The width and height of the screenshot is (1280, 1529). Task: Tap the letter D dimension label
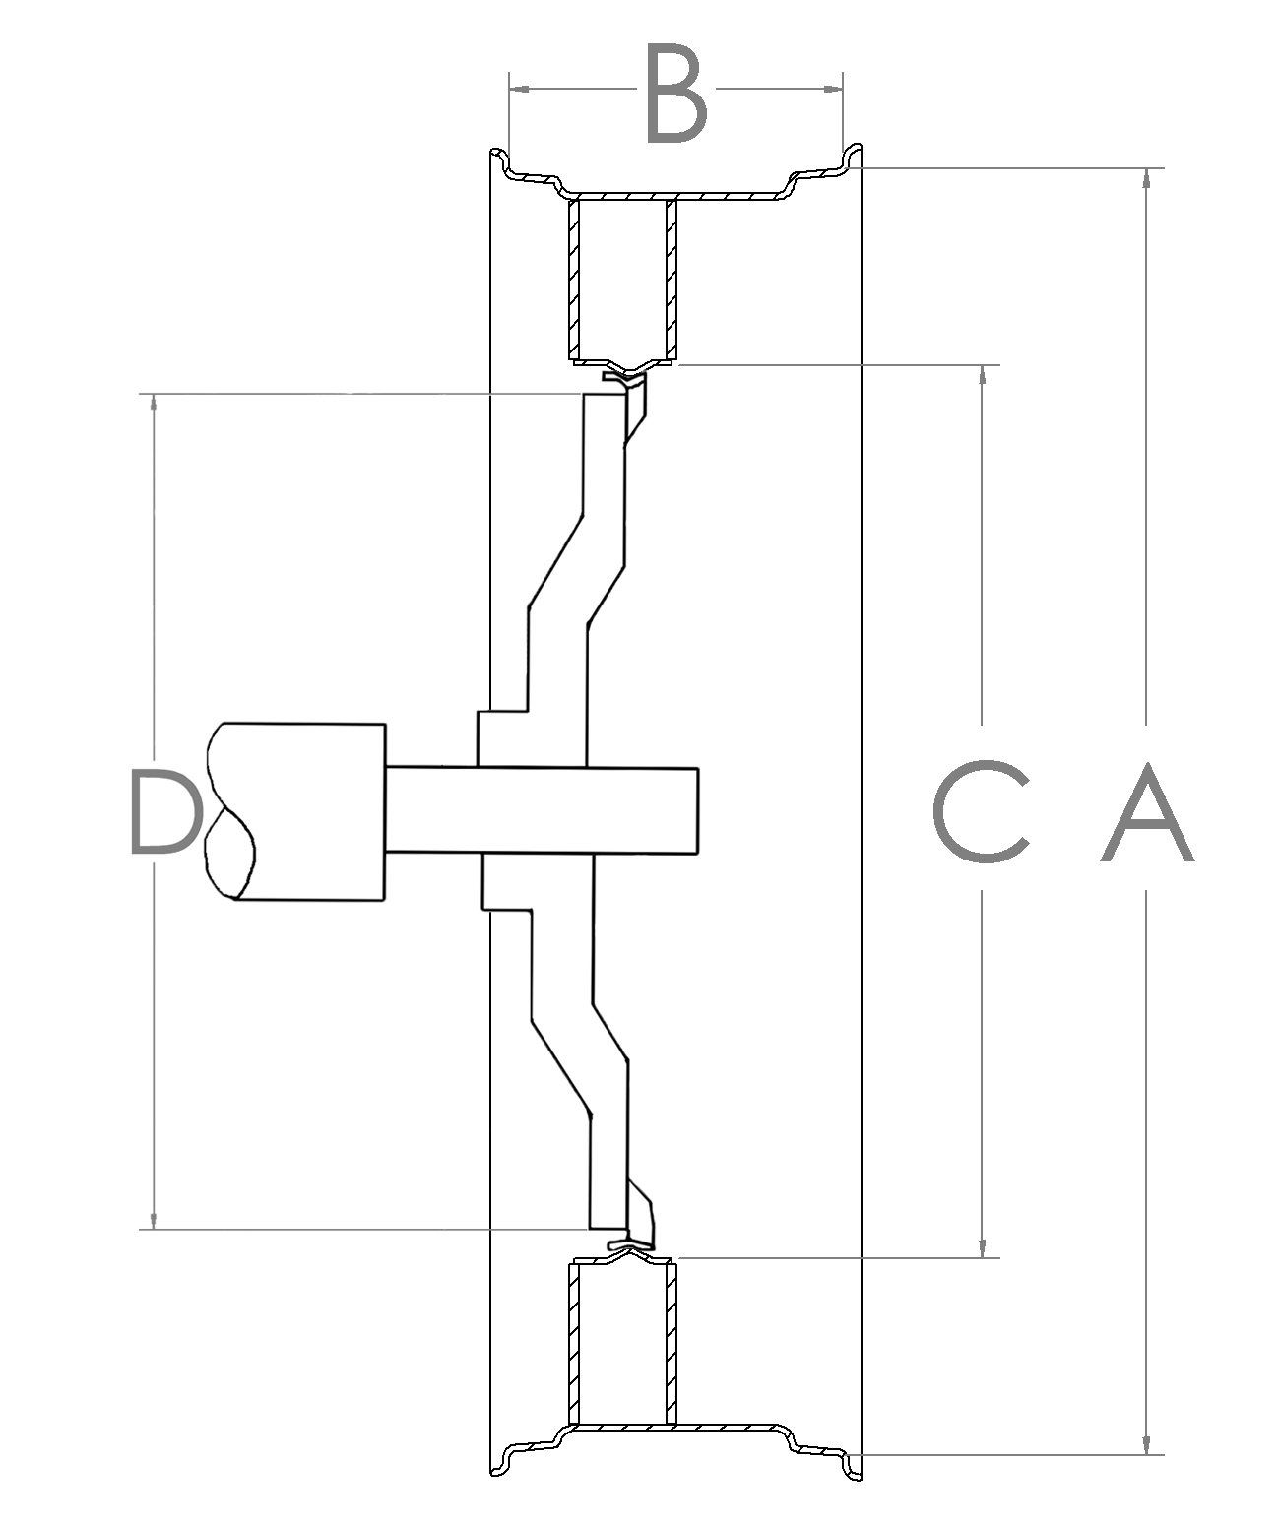162,812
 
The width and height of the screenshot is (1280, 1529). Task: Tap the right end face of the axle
697,810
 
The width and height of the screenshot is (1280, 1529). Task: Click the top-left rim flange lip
501,158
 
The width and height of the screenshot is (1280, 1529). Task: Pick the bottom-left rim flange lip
501,1465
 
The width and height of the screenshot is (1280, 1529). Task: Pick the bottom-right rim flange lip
851,1465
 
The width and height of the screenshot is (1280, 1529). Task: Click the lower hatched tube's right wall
672,1344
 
